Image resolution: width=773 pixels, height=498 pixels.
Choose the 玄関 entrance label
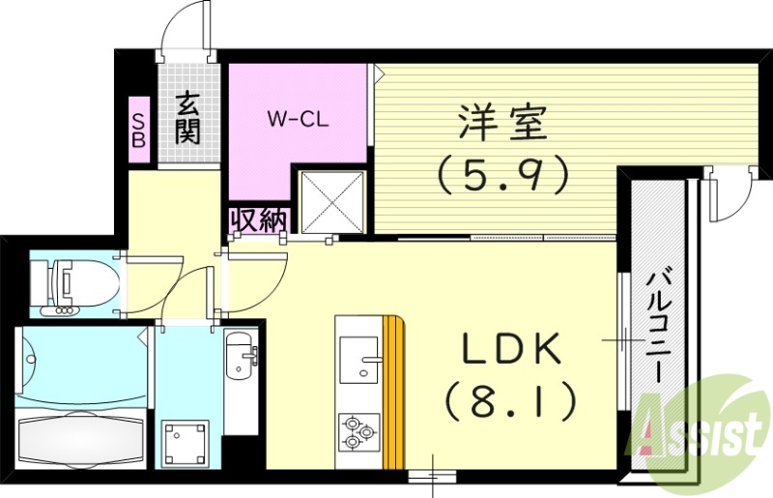(x=187, y=116)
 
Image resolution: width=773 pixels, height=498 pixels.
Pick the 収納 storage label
(x=258, y=220)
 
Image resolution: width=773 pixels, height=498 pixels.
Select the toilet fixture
(x=68, y=284)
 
